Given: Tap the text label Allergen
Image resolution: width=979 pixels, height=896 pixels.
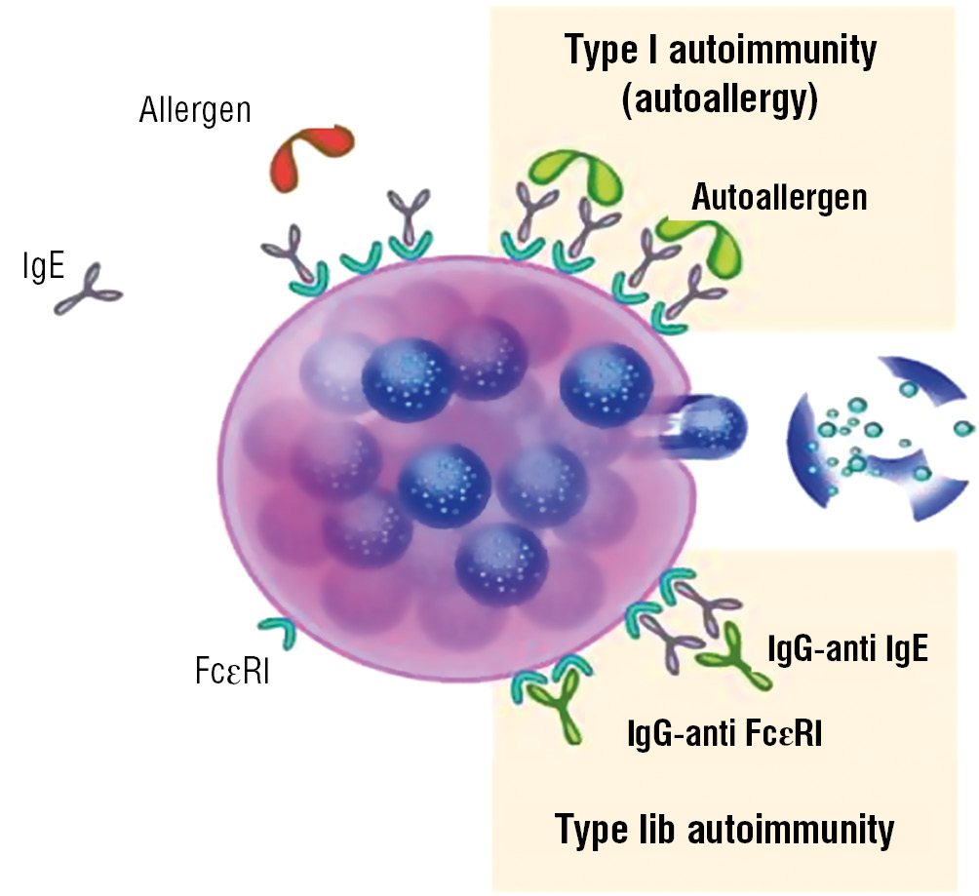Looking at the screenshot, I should click(195, 109).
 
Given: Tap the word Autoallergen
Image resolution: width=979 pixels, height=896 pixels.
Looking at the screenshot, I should click(778, 198).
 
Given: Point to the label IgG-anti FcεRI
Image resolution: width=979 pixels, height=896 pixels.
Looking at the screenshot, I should click(725, 731).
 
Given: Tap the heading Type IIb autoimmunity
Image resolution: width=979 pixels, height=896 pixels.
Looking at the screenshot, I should click(724, 831).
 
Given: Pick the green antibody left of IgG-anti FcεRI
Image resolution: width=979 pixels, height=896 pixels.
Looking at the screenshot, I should click(558, 709).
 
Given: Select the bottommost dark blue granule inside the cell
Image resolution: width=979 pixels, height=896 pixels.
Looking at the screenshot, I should click(500, 563).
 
